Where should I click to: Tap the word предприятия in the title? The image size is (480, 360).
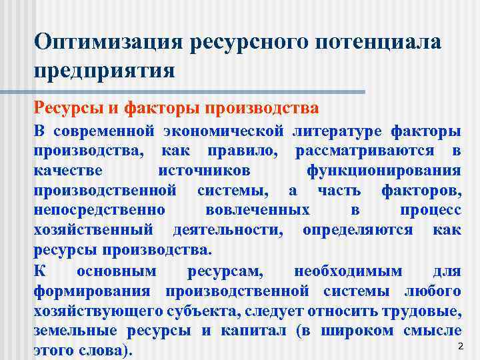coord(105,69)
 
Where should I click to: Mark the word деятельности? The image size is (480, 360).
coord(227,231)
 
